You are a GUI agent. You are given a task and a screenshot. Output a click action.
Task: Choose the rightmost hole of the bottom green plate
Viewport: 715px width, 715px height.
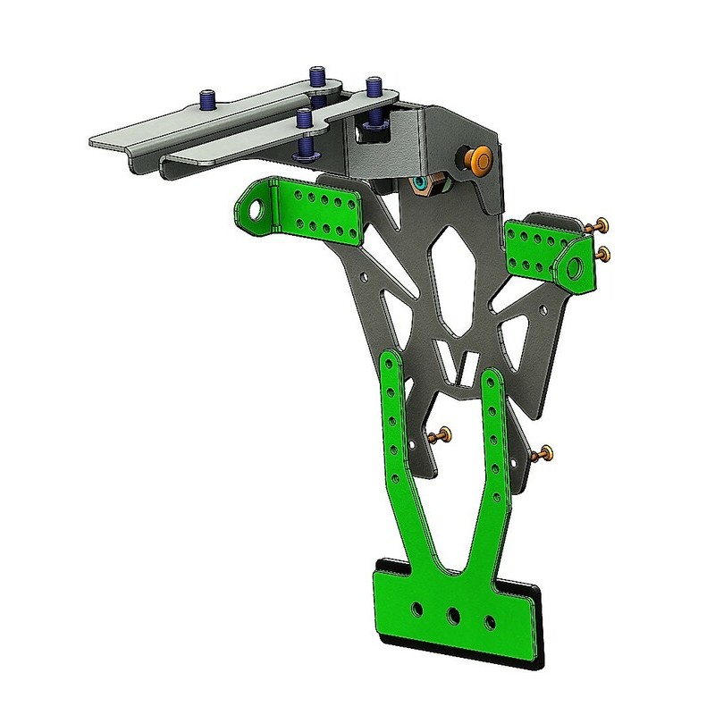(x=490, y=620)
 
